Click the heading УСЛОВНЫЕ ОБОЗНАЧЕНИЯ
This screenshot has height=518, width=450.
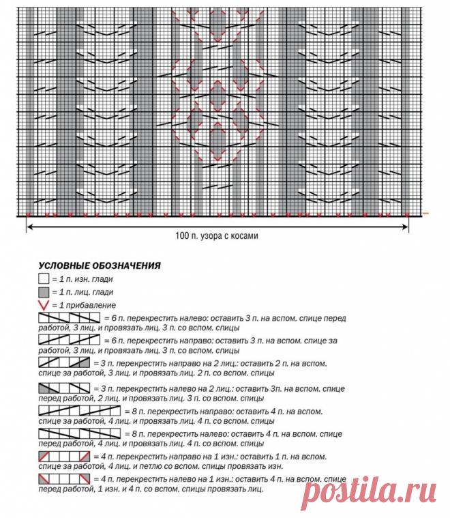[x=99, y=265]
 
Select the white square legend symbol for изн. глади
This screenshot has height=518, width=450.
[x=44, y=278]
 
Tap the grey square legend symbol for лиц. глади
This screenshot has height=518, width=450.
[x=44, y=291]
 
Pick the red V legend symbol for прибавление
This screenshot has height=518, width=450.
[x=44, y=304]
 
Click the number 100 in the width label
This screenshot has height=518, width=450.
[x=182, y=236]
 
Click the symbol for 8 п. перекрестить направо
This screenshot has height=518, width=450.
[x=79, y=412]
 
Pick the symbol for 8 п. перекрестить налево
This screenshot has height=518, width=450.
[x=79, y=433]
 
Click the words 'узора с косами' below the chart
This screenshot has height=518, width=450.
[x=232, y=236]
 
